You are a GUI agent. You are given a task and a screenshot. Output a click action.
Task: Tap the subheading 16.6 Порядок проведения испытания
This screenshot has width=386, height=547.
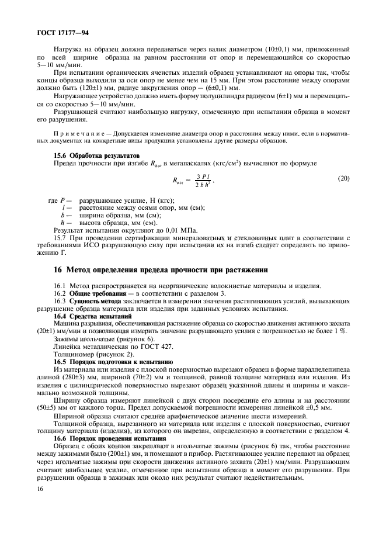tap(110, 439)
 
